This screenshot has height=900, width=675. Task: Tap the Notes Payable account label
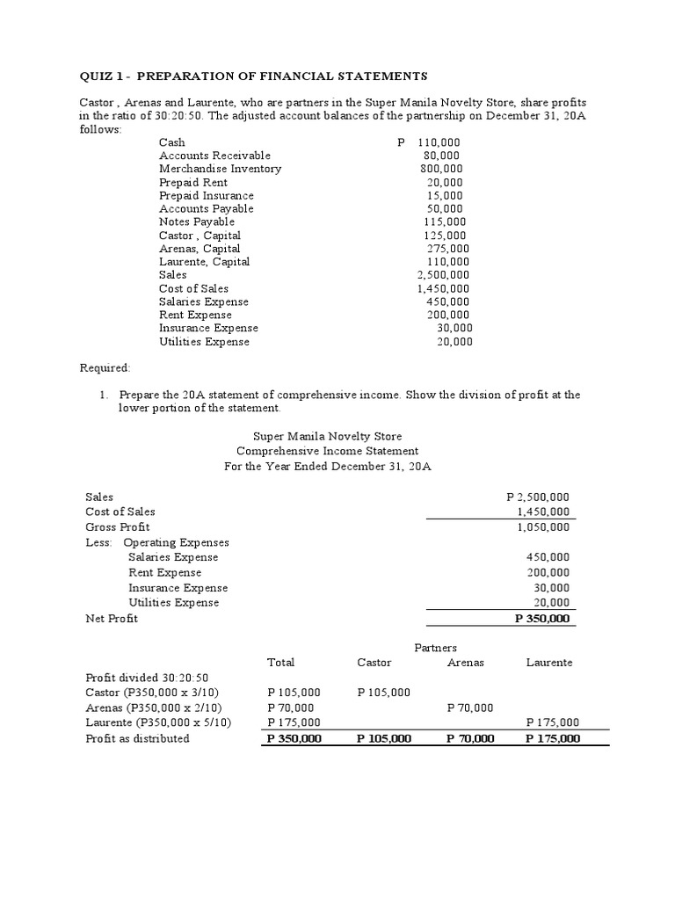point(197,221)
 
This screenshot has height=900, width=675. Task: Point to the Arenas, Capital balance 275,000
point(447,249)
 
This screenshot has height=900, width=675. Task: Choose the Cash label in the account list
point(172,142)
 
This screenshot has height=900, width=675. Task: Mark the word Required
point(105,367)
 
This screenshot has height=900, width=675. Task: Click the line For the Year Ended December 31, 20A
point(328,467)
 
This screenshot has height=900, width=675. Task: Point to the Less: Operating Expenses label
point(156,542)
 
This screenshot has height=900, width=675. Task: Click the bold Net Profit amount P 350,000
point(541,618)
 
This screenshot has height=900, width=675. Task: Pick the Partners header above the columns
point(435,648)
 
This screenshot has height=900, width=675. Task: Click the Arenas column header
point(466,663)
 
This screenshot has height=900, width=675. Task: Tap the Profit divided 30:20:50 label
point(147,678)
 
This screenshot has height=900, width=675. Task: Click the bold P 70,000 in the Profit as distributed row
point(469,738)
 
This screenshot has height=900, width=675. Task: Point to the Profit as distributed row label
point(137,738)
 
